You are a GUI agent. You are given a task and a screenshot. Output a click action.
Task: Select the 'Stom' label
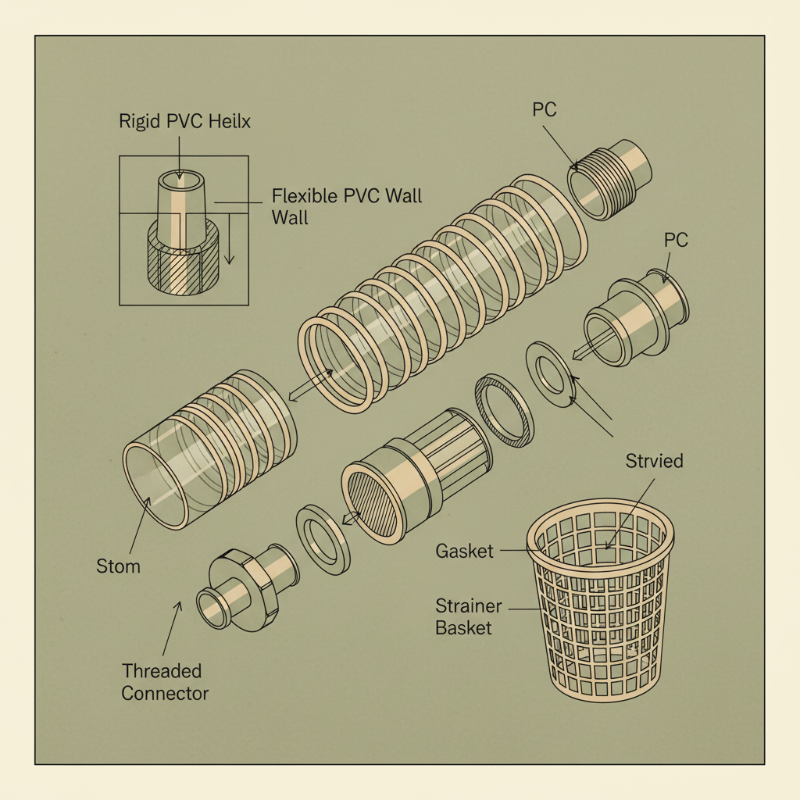coord(119,565)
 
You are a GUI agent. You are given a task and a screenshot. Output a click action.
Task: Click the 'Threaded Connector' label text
coord(165,681)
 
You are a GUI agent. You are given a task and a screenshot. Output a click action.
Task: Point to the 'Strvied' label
coord(654,461)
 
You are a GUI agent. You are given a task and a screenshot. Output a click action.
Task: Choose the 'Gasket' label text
coord(464,551)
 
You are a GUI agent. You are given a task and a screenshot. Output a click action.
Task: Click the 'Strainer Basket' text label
coord(464,616)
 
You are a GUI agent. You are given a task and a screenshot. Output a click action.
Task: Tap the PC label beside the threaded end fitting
coord(544,109)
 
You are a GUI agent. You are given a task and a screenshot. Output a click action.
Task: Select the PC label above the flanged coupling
coord(676,240)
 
